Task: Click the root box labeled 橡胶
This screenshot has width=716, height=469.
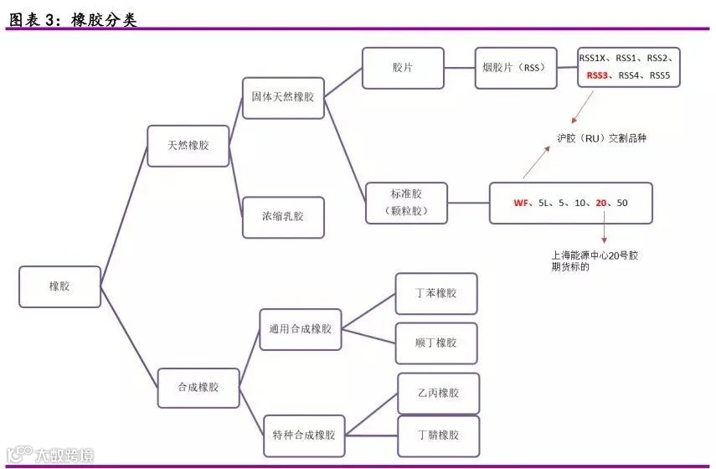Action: click(59, 286)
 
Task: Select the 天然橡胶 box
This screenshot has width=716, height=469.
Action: click(188, 146)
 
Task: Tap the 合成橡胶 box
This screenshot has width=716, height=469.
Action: click(198, 388)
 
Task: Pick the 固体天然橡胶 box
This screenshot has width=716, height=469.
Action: click(283, 98)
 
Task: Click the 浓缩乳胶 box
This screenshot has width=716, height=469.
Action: click(283, 218)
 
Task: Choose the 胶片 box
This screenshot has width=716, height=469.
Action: click(403, 68)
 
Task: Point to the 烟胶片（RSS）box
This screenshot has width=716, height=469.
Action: click(516, 68)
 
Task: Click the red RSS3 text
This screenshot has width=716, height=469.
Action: click(597, 75)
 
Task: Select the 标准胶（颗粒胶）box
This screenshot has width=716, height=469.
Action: click(406, 203)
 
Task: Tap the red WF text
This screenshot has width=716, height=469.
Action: click(521, 203)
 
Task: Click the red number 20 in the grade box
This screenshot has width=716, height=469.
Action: click(601, 203)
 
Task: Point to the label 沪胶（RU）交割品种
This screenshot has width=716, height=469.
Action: click(602, 138)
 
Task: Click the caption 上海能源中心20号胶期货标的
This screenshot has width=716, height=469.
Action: click(595, 260)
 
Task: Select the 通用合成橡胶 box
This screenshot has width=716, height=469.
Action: click(301, 329)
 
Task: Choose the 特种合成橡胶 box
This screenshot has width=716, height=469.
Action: click(304, 435)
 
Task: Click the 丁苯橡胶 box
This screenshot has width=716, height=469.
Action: click(436, 294)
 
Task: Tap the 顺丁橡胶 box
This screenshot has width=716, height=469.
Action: click(436, 343)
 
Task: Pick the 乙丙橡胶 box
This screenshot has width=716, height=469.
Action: click(438, 393)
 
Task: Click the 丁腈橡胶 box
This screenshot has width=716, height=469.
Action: click(438, 435)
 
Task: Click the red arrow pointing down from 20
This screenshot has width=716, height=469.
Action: click(604, 226)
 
